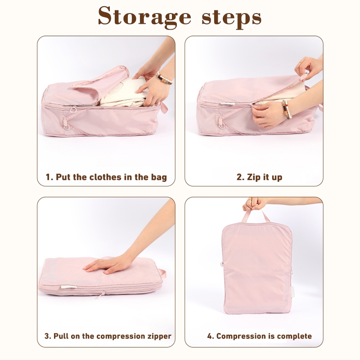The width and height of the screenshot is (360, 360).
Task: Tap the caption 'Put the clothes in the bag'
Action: [x=111, y=177]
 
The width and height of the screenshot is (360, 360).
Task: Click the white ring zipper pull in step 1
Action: [x=73, y=109]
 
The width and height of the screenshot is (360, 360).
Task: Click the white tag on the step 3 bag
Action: [x=68, y=287]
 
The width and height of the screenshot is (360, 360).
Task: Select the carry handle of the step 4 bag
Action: [x=255, y=216]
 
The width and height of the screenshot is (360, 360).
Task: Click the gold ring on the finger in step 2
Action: [x=301, y=62]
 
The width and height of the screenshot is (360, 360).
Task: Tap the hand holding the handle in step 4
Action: [x=255, y=204]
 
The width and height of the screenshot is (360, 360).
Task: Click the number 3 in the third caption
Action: [x=47, y=336]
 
